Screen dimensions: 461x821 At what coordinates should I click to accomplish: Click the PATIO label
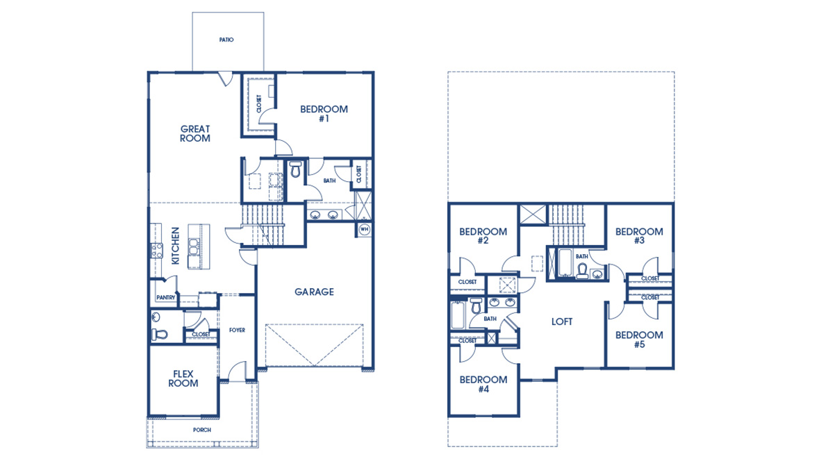point(226,40)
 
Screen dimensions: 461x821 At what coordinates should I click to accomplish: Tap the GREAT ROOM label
point(195,133)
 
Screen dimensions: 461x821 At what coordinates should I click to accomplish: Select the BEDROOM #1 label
point(324,113)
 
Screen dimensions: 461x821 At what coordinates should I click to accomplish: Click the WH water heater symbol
point(364,228)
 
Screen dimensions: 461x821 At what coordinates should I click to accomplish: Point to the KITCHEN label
point(176,245)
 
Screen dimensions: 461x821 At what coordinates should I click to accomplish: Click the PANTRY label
point(166,298)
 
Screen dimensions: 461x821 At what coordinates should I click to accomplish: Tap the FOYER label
point(237,330)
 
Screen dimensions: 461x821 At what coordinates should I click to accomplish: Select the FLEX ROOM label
point(183,378)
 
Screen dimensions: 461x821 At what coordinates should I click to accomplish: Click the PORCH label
point(202,430)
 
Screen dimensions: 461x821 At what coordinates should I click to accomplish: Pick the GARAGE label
point(314,292)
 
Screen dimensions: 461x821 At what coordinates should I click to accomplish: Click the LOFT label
point(562,322)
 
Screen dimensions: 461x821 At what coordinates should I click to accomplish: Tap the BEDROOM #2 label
point(483,236)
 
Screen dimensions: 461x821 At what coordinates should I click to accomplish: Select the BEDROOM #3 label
point(639,236)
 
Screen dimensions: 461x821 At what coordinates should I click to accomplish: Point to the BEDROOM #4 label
point(483,384)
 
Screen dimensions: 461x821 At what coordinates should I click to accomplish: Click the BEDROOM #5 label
point(639,340)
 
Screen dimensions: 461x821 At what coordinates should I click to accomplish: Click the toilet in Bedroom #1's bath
point(295,170)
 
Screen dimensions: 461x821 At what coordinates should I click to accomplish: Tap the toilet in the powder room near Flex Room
point(159,335)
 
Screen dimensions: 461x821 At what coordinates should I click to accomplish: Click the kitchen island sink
point(192,244)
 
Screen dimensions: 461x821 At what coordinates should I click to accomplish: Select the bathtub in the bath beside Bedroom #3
point(562,264)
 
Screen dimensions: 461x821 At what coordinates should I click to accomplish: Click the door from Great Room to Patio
point(224,78)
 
